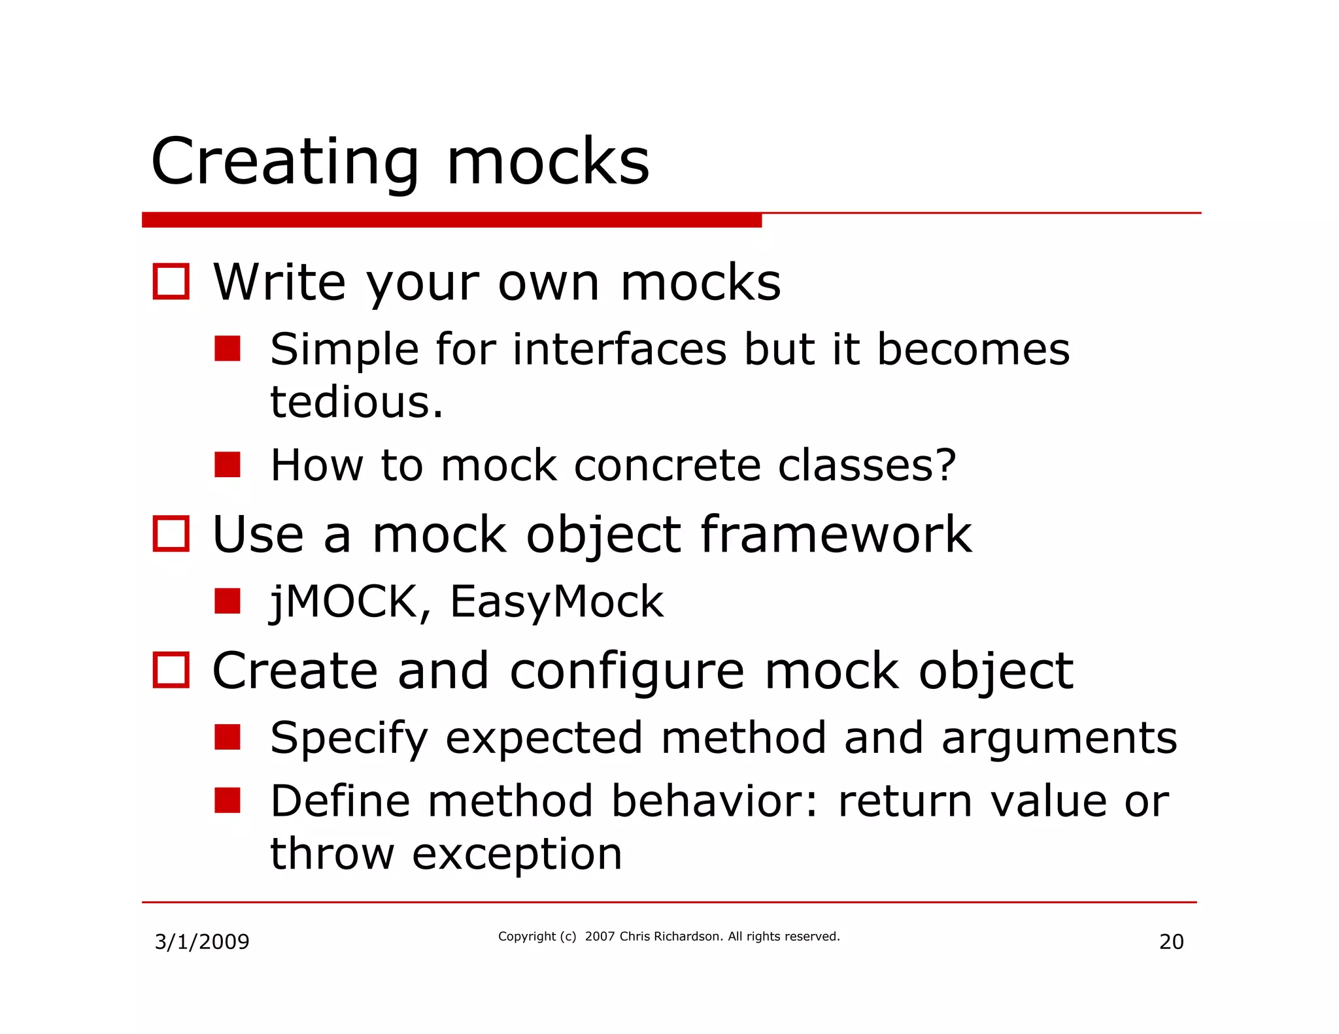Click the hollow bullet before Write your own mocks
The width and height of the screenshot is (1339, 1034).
[171, 282]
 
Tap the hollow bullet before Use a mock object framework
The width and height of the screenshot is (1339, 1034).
[171, 534]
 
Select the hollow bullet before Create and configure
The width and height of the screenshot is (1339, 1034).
[171, 670]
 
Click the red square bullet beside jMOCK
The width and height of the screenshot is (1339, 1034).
[228, 601]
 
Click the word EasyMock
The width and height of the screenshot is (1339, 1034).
[556, 601]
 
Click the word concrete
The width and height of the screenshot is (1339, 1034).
[667, 465]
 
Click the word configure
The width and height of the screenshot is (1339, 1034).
[626, 672]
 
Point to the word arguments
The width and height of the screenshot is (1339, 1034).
[1059, 739]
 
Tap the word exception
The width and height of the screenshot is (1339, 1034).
[517, 855]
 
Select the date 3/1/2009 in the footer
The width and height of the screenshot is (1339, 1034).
[201, 942]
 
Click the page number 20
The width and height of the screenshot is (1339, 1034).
[1171, 942]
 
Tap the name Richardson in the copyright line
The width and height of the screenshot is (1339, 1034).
[687, 937]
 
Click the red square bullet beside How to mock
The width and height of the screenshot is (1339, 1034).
[228, 465]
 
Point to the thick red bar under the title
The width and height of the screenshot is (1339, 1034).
[451, 220]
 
